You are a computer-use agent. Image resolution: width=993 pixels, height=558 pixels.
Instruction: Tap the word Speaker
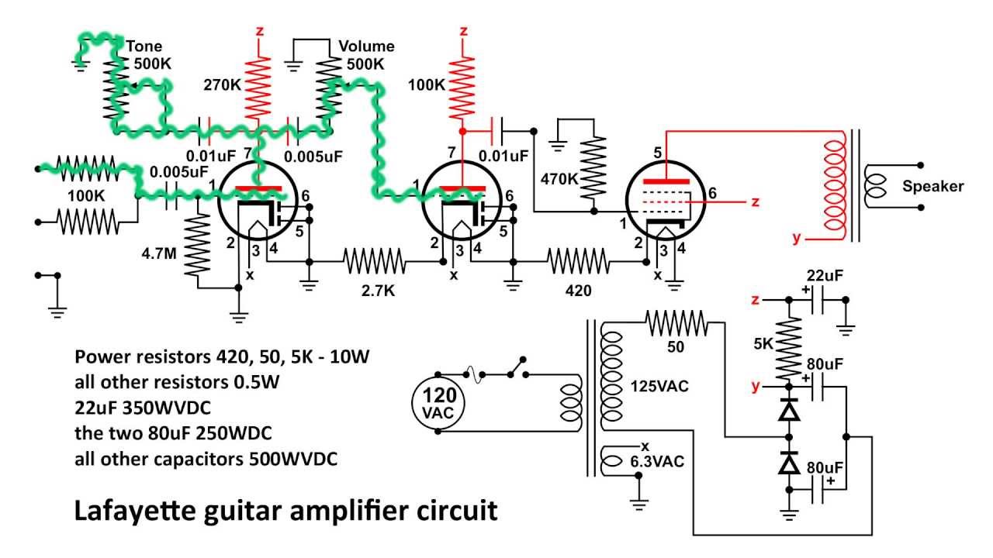933,186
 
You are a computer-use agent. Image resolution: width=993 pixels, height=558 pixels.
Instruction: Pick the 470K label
561,179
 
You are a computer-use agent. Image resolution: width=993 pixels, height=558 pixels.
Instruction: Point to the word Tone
144,46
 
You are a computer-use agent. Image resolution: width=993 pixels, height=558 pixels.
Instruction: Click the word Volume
366,46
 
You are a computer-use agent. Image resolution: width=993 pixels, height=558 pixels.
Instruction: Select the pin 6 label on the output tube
712,193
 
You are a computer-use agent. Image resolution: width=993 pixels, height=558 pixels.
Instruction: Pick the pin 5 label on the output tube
658,153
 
